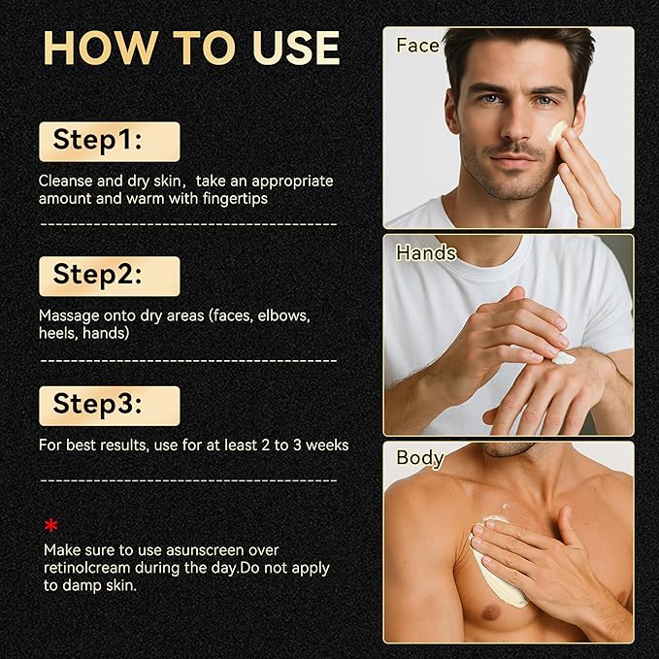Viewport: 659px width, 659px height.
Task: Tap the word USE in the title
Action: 296,48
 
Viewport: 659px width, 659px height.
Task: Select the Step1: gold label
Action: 110,142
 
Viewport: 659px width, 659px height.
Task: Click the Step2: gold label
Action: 110,277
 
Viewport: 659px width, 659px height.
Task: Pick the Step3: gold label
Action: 110,406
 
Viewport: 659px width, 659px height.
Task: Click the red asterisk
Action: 50,525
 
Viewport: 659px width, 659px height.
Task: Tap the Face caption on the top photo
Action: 417,46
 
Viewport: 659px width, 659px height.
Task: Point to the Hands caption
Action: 426,253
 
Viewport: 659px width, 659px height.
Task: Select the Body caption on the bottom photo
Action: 420,458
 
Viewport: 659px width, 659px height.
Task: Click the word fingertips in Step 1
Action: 235,198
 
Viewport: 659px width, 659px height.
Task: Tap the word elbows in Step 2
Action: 283,315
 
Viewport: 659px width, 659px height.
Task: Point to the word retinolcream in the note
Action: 87,568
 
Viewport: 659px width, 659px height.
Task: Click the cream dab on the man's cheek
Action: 558,131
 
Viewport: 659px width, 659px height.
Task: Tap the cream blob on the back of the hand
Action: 563,358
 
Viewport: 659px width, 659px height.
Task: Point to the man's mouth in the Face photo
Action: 513,160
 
